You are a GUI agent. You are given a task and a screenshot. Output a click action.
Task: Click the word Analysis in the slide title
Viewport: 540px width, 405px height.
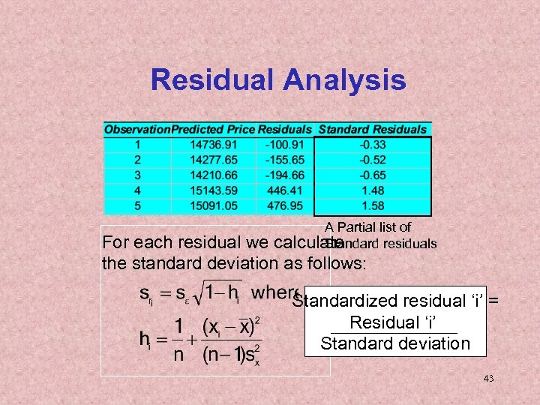click(344, 80)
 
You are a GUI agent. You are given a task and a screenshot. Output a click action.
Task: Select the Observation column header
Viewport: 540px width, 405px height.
click(137, 130)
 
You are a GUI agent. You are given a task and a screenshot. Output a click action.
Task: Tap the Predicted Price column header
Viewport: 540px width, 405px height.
click(213, 130)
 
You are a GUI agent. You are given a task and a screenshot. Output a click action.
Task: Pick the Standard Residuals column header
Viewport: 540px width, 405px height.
click(372, 130)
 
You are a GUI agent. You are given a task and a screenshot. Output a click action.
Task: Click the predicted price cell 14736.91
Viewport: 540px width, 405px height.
click(213, 144)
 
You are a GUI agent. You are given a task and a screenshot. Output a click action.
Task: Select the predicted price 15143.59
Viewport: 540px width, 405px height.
click(213, 191)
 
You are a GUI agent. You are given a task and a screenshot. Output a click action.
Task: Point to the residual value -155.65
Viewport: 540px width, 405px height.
click(284, 160)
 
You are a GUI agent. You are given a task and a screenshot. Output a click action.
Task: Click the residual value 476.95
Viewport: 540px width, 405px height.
click(284, 206)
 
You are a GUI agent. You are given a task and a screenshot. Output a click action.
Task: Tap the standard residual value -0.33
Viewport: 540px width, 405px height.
click(372, 144)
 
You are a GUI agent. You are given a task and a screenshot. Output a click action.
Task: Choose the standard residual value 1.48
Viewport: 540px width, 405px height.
click(372, 191)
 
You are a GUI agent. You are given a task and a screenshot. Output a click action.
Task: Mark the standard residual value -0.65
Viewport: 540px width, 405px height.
click(372, 175)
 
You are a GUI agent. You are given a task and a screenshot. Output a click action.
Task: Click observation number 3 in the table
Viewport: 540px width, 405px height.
click(137, 175)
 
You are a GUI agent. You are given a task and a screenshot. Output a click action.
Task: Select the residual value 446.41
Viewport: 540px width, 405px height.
click(284, 191)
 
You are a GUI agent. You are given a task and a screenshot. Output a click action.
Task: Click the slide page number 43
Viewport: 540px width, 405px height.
click(488, 379)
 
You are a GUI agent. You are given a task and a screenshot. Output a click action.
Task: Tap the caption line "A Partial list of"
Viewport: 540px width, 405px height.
click(367, 226)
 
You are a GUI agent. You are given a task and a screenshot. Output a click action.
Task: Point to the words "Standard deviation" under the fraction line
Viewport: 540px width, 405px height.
click(394, 343)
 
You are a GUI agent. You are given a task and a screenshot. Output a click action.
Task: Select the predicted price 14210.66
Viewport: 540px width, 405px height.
click(213, 175)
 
